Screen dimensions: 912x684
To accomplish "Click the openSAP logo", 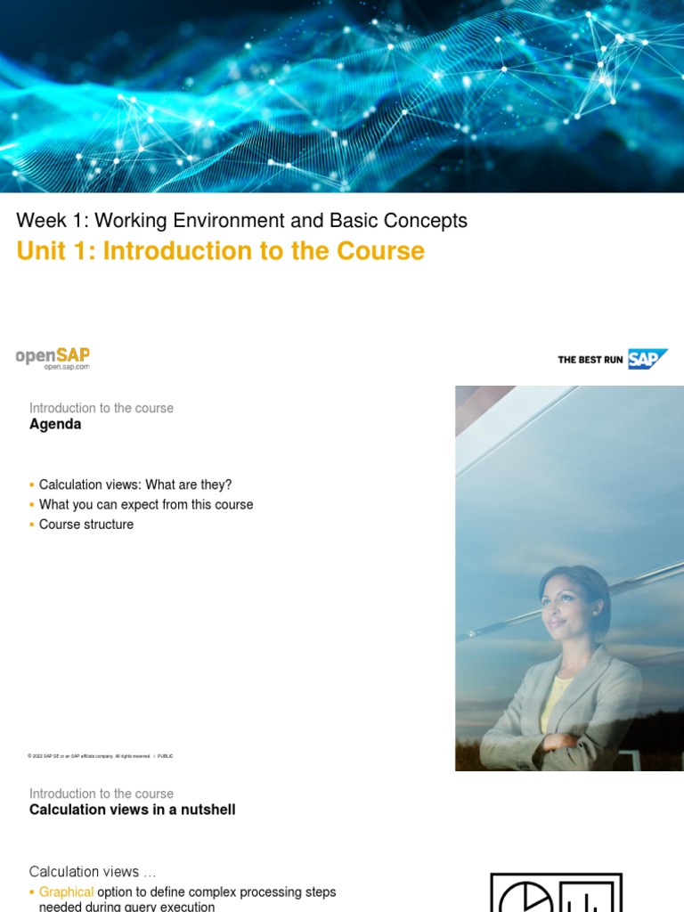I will click(53, 356).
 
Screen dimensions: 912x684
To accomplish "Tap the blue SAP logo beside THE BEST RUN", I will click(647, 359).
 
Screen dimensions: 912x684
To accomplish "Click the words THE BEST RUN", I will click(590, 360).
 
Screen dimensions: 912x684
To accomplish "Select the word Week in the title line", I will click(41, 221).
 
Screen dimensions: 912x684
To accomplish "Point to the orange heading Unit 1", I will click(56, 251).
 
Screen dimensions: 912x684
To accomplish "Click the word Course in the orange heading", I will click(380, 251).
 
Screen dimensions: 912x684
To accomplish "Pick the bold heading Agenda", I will click(55, 425).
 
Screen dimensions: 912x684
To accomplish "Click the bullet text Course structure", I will click(86, 525).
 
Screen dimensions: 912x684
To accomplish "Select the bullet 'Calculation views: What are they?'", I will click(135, 484).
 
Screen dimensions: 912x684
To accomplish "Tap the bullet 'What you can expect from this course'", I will click(146, 504).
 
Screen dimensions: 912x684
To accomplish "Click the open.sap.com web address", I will click(67, 367).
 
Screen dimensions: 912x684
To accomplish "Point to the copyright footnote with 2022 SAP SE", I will click(100, 756).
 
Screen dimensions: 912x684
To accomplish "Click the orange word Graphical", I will click(66, 892).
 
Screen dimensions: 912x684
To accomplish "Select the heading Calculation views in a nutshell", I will click(132, 810).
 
